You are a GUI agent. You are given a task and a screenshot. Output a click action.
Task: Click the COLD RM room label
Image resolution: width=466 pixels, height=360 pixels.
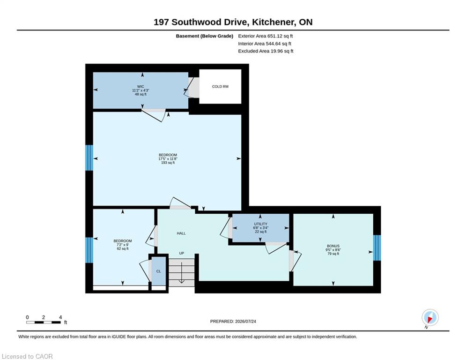click(220, 87)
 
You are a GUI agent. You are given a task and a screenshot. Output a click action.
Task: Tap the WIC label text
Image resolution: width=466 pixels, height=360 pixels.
click(141, 87)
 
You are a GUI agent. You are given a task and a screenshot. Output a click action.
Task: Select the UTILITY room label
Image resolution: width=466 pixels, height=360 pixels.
click(261, 224)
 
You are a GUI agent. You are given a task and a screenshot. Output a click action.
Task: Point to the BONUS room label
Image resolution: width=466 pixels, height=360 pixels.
click(333, 246)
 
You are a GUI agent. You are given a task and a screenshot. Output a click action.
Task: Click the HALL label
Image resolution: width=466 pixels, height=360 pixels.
click(181, 233)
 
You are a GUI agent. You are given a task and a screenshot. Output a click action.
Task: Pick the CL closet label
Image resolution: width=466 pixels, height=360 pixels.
click(158, 271)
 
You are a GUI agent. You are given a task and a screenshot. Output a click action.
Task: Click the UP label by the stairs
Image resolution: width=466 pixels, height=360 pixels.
click(182, 253)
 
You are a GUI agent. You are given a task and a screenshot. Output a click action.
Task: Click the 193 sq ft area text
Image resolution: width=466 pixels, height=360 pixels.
click(168, 163)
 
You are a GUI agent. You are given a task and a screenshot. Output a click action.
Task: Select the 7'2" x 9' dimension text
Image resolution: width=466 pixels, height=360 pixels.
click(123, 245)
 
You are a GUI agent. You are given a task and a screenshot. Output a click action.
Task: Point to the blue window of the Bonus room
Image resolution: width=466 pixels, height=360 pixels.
click(377, 248)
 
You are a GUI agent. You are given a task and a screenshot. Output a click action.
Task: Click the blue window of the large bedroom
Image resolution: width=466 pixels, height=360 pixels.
click(89, 157)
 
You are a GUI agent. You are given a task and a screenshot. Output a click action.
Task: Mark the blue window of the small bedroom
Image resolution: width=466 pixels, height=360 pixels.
click(89, 250)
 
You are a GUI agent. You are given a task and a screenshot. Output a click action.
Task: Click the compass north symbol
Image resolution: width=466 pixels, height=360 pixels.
click(430, 318)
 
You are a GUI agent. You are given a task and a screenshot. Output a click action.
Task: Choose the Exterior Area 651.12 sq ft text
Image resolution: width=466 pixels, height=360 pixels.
click(266, 36)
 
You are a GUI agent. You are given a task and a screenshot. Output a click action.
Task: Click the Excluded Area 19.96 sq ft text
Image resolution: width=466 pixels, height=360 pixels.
click(266, 51)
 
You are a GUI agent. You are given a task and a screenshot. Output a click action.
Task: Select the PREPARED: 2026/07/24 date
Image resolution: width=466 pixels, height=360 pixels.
click(233, 321)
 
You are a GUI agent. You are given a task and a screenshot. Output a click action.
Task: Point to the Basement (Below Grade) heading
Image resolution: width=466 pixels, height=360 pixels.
click(205, 36)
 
